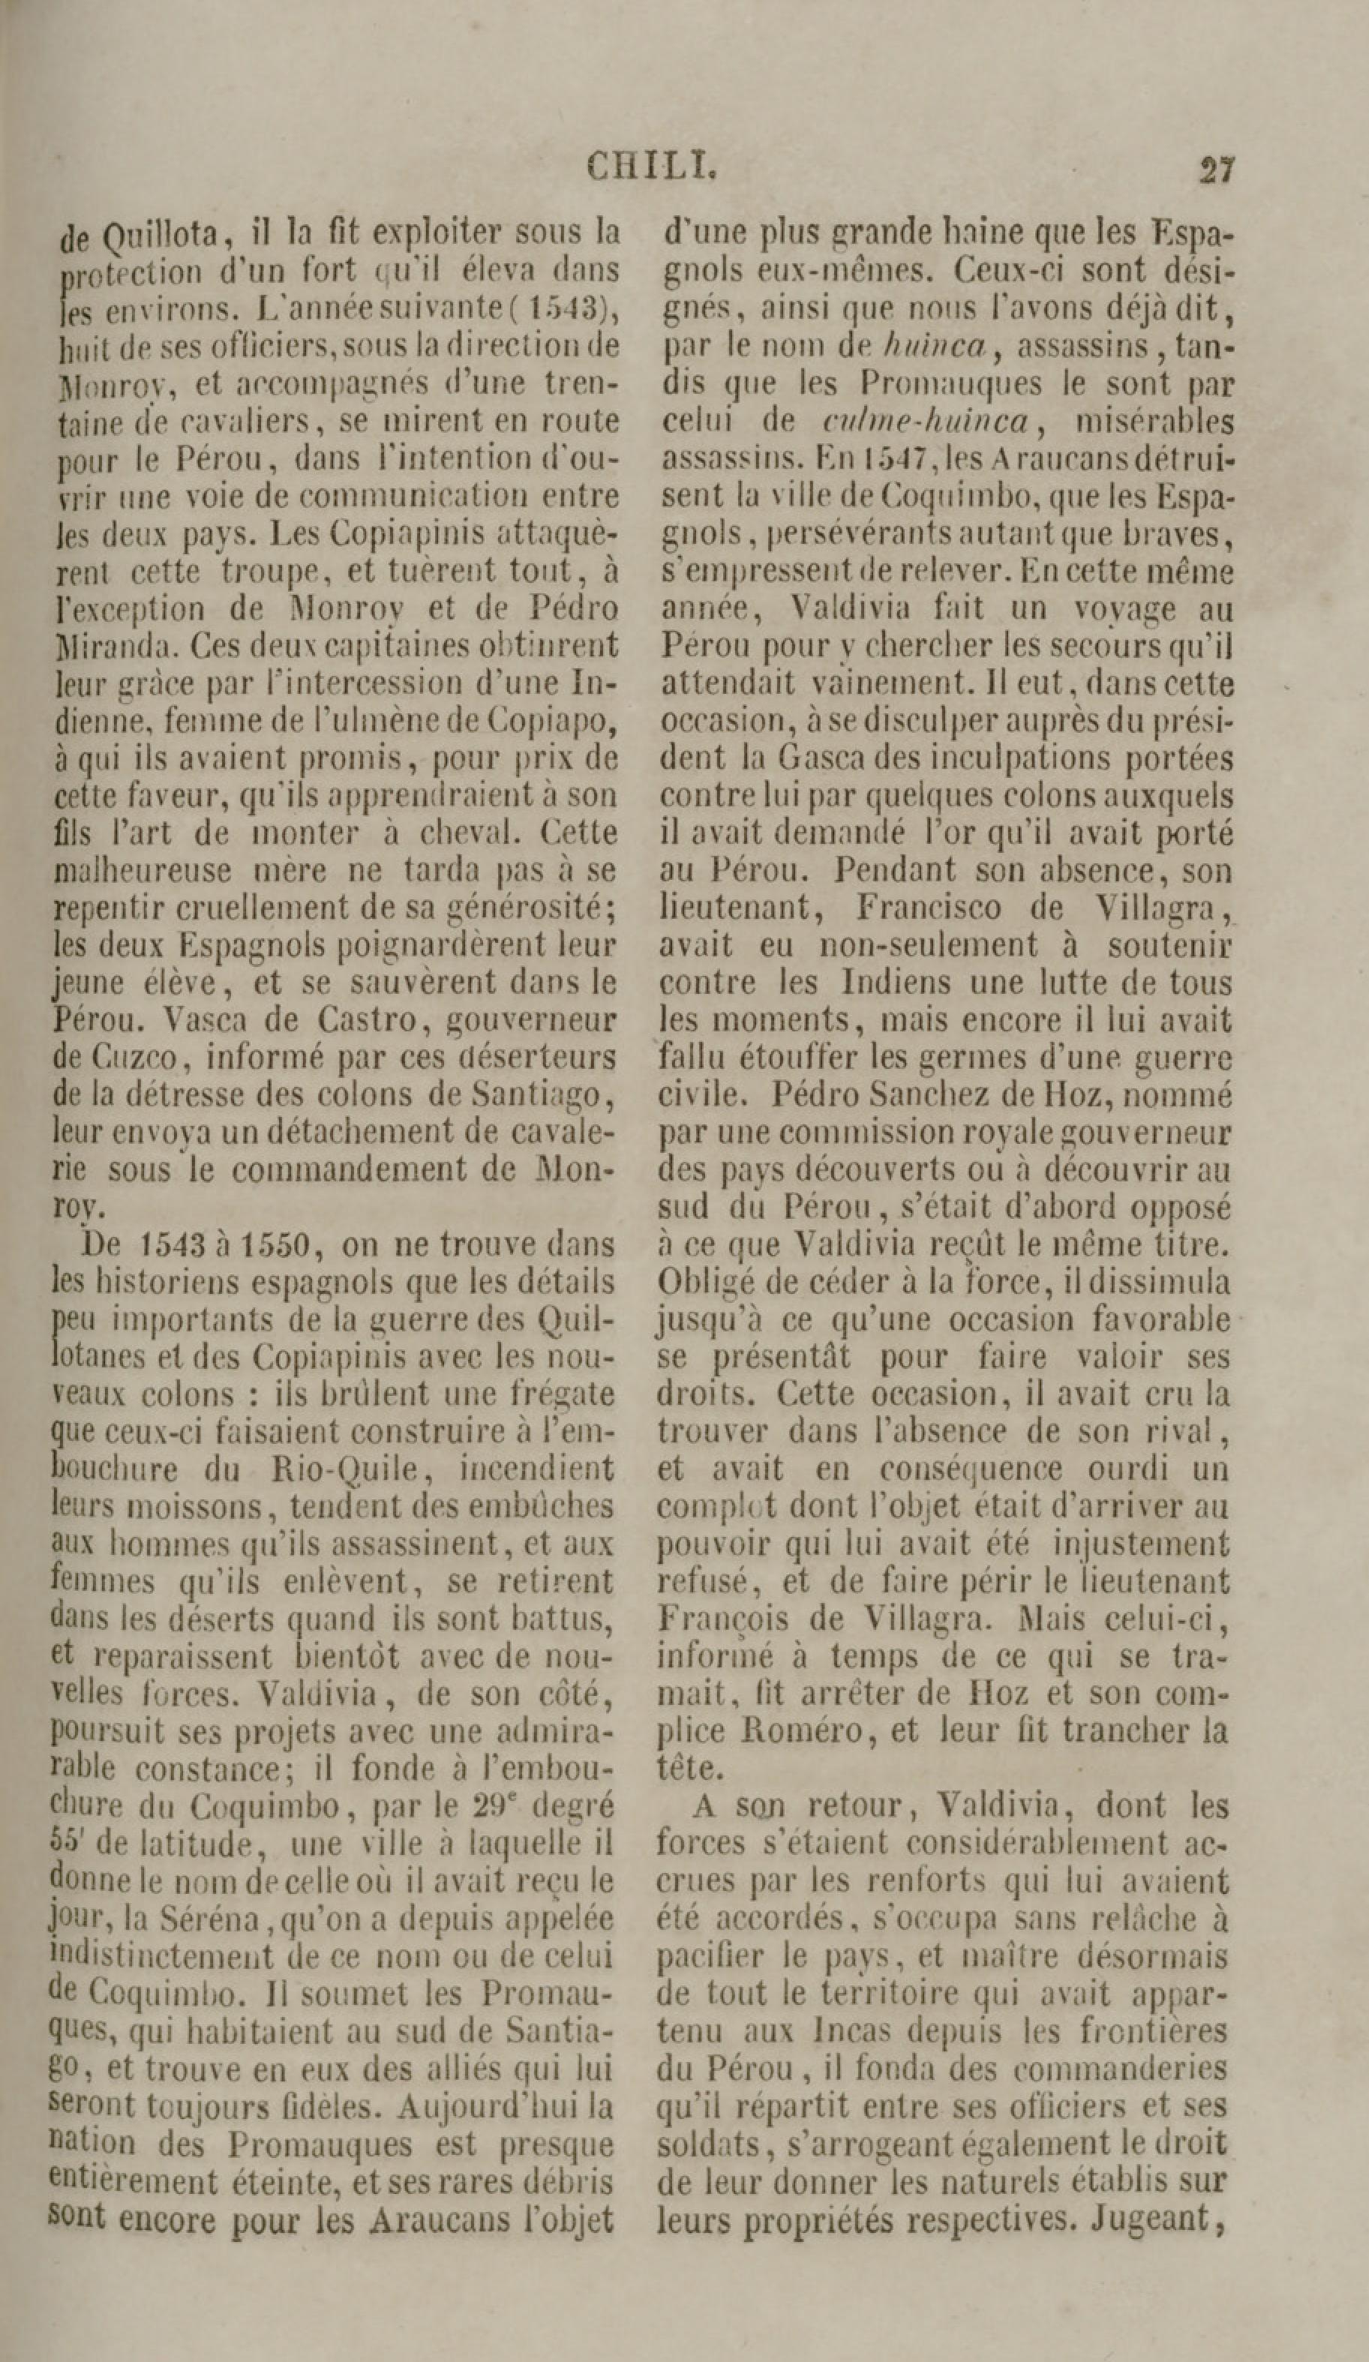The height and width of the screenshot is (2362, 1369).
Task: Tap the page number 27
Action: pyautogui.click(x=1216, y=170)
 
